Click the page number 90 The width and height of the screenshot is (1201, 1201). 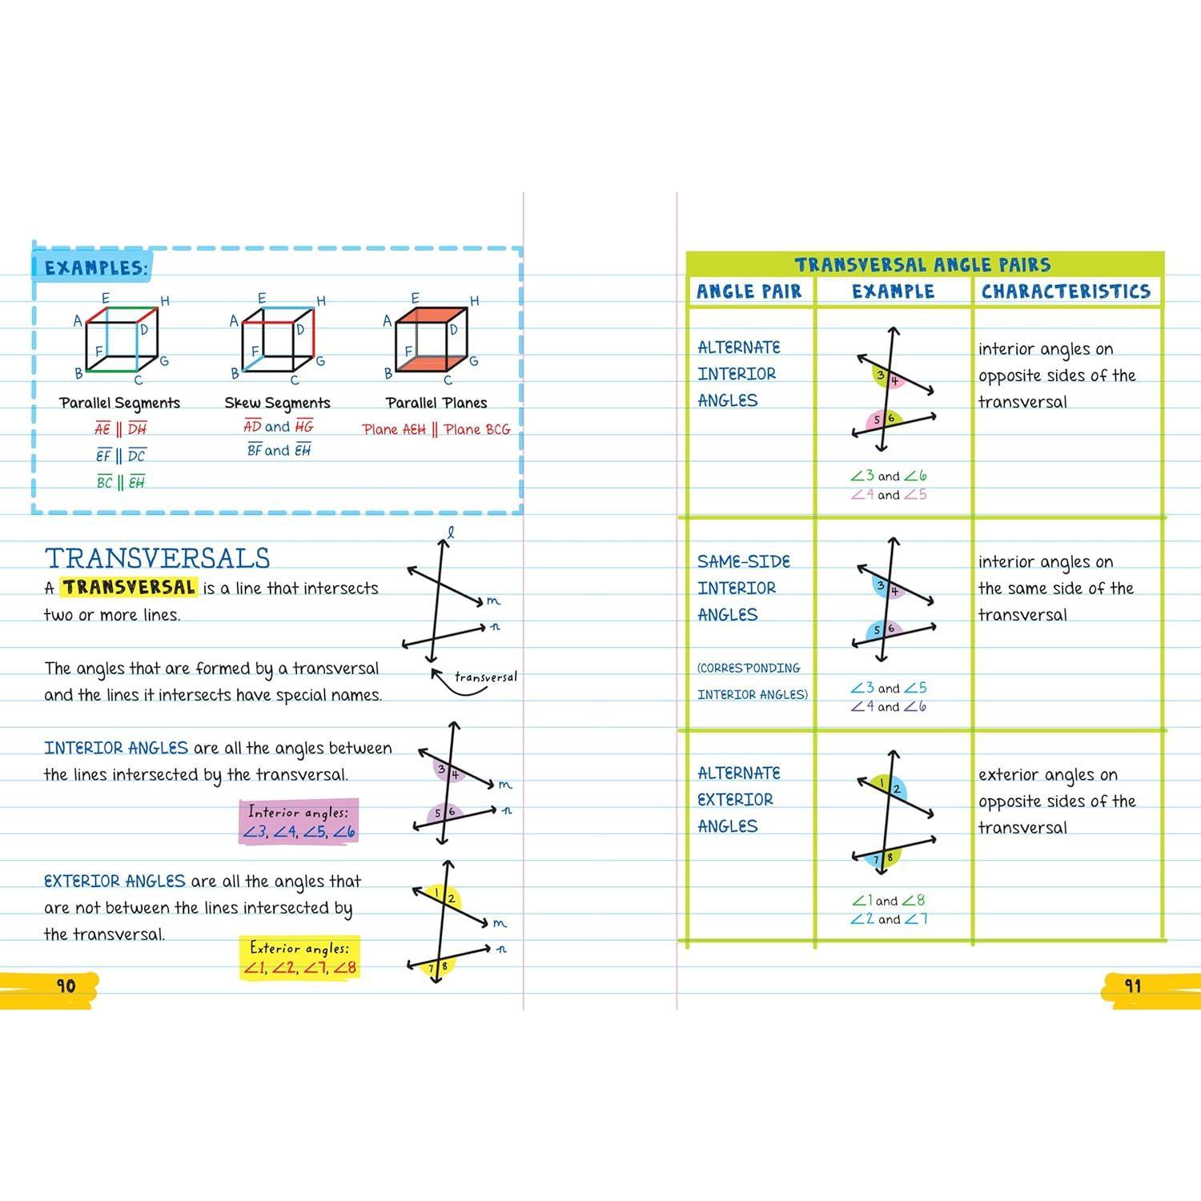pyautogui.click(x=66, y=986)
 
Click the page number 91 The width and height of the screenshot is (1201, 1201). pyautogui.click(x=1132, y=986)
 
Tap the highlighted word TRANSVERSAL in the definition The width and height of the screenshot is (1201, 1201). pyautogui.click(x=129, y=587)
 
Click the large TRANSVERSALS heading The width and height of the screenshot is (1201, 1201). pyautogui.click(x=157, y=558)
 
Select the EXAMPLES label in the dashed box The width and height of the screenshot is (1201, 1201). pyautogui.click(x=95, y=268)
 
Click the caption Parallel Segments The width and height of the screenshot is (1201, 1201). pyautogui.click(x=119, y=403)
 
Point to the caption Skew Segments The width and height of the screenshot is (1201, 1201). pyautogui.click(x=277, y=403)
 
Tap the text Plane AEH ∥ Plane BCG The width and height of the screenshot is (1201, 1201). pyautogui.click(x=436, y=430)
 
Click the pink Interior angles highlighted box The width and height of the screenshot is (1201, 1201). pyautogui.click(x=299, y=822)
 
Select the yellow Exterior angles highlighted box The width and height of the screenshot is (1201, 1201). pyautogui.click(x=299, y=958)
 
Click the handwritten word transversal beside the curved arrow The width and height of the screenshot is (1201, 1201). pyautogui.click(x=485, y=677)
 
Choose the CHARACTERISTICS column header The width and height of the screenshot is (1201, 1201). pyautogui.click(x=1066, y=291)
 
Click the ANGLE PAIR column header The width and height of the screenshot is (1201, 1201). pyautogui.click(x=749, y=291)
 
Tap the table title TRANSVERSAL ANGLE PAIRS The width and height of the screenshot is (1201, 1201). pyautogui.click(x=922, y=265)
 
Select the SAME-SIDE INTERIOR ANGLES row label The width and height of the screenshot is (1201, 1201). pyautogui.click(x=742, y=588)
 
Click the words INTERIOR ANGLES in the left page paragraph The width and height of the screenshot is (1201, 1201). pyautogui.click(x=116, y=748)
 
